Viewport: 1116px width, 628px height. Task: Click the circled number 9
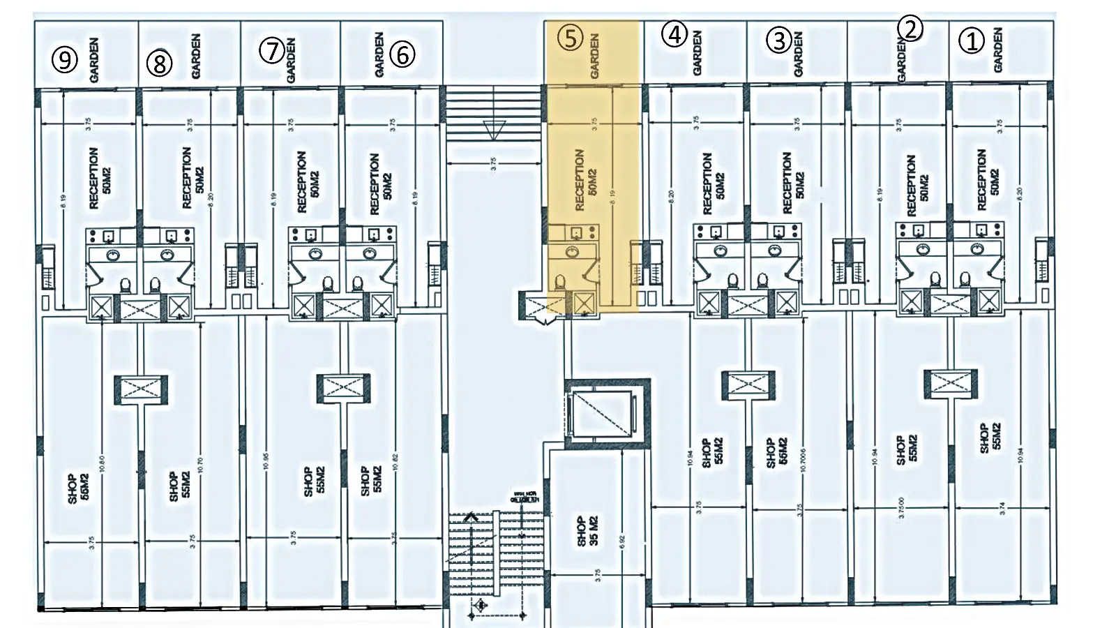click(x=64, y=59)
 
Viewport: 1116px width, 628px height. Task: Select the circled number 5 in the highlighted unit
click(x=571, y=38)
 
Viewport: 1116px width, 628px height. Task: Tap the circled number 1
click(x=972, y=41)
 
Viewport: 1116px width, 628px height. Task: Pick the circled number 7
click(x=272, y=50)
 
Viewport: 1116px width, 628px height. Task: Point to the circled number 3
click(x=779, y=40)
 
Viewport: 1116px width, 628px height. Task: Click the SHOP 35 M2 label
click(x=587, y=531)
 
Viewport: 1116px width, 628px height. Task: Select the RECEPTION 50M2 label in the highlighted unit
click(x=586, y=179)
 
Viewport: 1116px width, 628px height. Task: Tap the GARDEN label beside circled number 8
click(x=196, y=56)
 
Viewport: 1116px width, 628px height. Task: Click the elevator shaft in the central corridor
click(x=602, y=413)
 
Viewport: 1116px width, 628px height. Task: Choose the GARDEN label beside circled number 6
click(x=379, y=54)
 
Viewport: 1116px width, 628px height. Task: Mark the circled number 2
click(x=910, y=29)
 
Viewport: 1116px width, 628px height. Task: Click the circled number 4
click(x=674, y=34)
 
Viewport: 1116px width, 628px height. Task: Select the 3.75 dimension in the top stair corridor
click(x=494, y=164)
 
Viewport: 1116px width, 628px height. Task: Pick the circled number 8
click(x=159, y=63)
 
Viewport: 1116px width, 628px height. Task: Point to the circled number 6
click(x=402, y=54)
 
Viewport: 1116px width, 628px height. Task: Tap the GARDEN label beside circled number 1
click(x=998, y=50)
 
